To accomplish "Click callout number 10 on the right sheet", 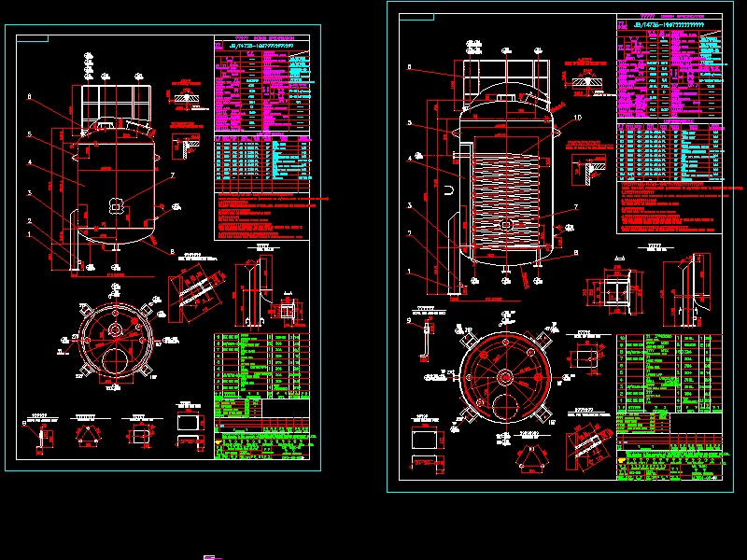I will (x=578, y=119).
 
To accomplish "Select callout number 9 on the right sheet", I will (x=409, y=320).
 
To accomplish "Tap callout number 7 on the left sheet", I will (x=172, y=175).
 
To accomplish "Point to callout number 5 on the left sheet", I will (x=30, y=134).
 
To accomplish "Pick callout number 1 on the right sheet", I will (x=409, y=272).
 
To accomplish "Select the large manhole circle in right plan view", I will (x=505, y=409).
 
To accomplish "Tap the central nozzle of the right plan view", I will (x=505, y=376).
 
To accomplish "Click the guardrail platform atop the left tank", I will (x=113, y=102).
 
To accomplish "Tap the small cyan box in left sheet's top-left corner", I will (x=33, y=38).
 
